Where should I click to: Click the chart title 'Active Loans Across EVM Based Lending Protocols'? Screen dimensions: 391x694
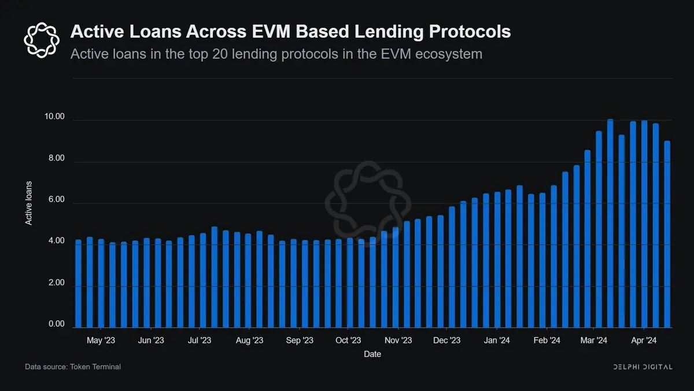(290, 31)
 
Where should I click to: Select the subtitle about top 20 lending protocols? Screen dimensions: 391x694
(276, 54)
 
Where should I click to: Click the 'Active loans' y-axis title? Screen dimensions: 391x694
(28, 203)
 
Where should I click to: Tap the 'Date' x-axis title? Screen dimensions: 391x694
(372, 354)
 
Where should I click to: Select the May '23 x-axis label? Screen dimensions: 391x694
(102, 340)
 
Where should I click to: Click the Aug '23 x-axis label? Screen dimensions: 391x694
(250, 340)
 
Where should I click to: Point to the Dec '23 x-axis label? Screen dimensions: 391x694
(447, 340)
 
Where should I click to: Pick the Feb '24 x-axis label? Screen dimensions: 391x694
(547, 340)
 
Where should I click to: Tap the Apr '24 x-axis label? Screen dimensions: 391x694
(643, 340)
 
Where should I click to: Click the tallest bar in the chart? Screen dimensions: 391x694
(610, 223)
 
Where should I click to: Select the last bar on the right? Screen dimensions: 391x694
(667, 234)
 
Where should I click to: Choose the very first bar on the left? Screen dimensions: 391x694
(78, 283)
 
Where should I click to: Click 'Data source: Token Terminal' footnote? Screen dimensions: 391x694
(73, 367)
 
